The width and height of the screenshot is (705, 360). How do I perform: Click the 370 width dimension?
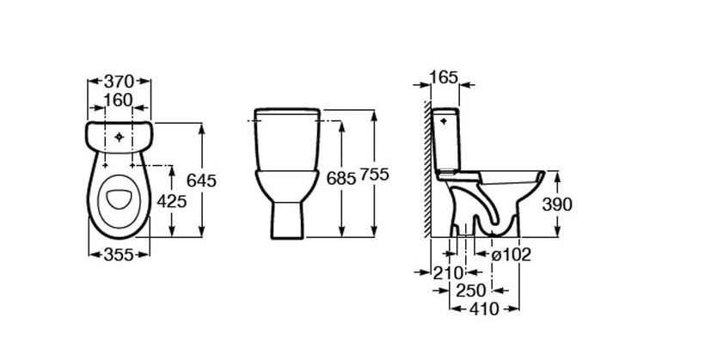tap(120, 82)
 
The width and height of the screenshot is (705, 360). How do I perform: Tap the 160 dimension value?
tap(119, 101)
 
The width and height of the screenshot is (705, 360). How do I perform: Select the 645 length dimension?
tap(201, 180)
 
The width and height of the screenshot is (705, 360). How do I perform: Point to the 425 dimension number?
tap(172, 201)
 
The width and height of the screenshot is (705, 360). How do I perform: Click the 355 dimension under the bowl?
tap(120, 255)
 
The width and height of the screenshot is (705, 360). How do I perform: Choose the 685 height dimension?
tap(341, 179)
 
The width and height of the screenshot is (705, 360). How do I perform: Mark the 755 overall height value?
tap(374, 174)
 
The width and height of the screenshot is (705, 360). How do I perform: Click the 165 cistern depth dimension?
tap(444, 77)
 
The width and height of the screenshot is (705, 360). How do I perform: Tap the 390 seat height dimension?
tap(557, 204)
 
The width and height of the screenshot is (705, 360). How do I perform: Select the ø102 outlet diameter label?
tap(511, 255)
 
